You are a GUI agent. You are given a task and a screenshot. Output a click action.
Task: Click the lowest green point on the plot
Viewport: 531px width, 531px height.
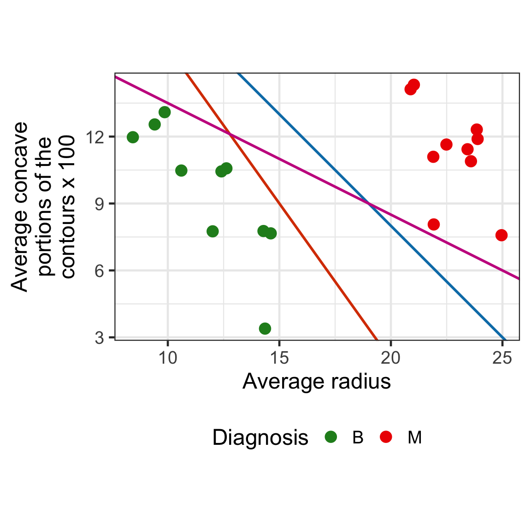(x=265, y=329)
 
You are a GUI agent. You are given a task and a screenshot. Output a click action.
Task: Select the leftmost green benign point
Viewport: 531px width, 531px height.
(x=133, y=137)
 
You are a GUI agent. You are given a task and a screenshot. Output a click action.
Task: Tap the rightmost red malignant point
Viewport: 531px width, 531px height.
(x=501, y=235)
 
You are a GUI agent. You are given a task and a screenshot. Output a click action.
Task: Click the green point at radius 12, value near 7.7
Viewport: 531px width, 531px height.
(x=212, y=231)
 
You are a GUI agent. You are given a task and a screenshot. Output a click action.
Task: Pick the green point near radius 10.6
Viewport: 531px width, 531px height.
(x=181, y=171)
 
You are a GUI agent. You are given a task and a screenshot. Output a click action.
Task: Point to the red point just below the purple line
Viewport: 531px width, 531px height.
(x=433, y=224)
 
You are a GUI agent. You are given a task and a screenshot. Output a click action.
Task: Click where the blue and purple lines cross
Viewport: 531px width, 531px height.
(x=368, y=203)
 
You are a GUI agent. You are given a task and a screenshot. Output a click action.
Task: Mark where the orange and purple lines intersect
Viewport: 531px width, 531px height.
(x=230, y=135)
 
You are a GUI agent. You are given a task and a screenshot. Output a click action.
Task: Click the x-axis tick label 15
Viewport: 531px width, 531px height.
(x=279, y=359)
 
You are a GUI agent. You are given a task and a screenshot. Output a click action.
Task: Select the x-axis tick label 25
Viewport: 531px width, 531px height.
(x=502, y=359)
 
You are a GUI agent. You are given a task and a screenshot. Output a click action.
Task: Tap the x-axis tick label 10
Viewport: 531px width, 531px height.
(x=168, y=359)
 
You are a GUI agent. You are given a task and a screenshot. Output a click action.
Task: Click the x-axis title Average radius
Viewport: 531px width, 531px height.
(x=317, y=382)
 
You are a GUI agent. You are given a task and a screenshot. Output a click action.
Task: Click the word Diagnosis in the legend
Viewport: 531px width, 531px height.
(x=260, y=437)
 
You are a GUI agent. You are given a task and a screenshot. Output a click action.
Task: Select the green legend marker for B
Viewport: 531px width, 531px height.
(x=331, y=437)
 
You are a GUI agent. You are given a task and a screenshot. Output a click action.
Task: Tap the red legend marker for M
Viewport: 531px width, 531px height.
(x=386, y=437)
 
